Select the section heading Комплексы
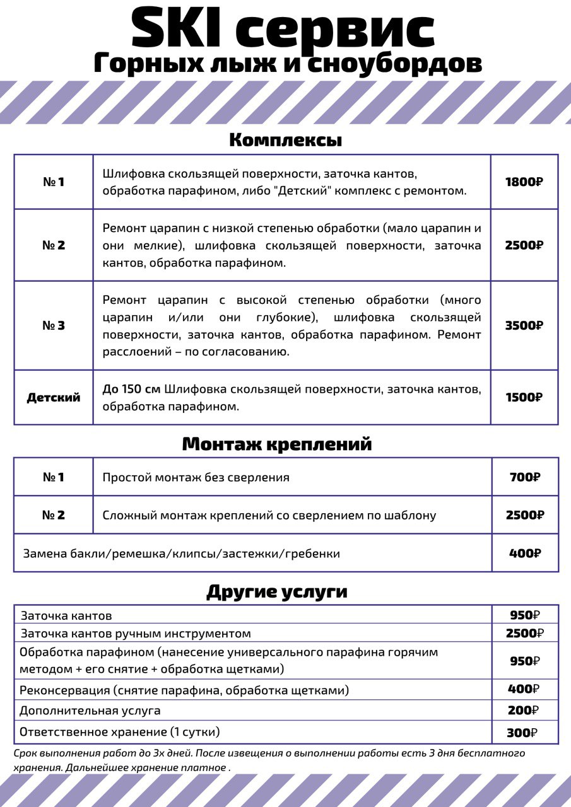[x=285, y=140]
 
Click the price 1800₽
[x=524, y=182]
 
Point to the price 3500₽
[x=524, y=326]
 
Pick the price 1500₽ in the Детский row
[x=524, y=397]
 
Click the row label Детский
[x=54, y=398]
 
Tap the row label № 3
[x=54, y=326]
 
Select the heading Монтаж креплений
[x=277, y=444]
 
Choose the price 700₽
[x=525, y=477]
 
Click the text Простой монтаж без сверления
[x=196, y=477]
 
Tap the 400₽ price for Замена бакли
[x=525, y=554]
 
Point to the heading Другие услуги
[x=277, y=592]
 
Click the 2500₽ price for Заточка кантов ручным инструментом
[x=524, y=633]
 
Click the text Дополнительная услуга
[x=90, y=711]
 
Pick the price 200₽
[x=523, y=711]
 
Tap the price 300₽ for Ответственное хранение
[x=522, y=733]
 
